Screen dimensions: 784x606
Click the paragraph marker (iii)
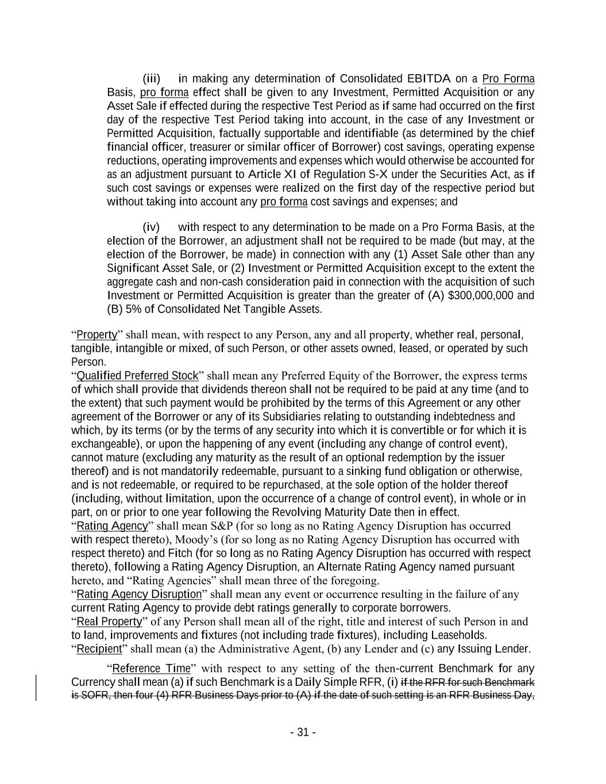pos(152,79)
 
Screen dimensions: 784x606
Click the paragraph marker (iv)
pos(151,227)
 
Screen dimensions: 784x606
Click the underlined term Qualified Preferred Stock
pos(137,376)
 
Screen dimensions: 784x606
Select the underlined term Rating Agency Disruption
pos(139,594)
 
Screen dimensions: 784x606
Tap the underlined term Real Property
pos(109,621)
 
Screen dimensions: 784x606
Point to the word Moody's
pos(196,540)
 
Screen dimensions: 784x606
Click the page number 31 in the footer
pos(303,732)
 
